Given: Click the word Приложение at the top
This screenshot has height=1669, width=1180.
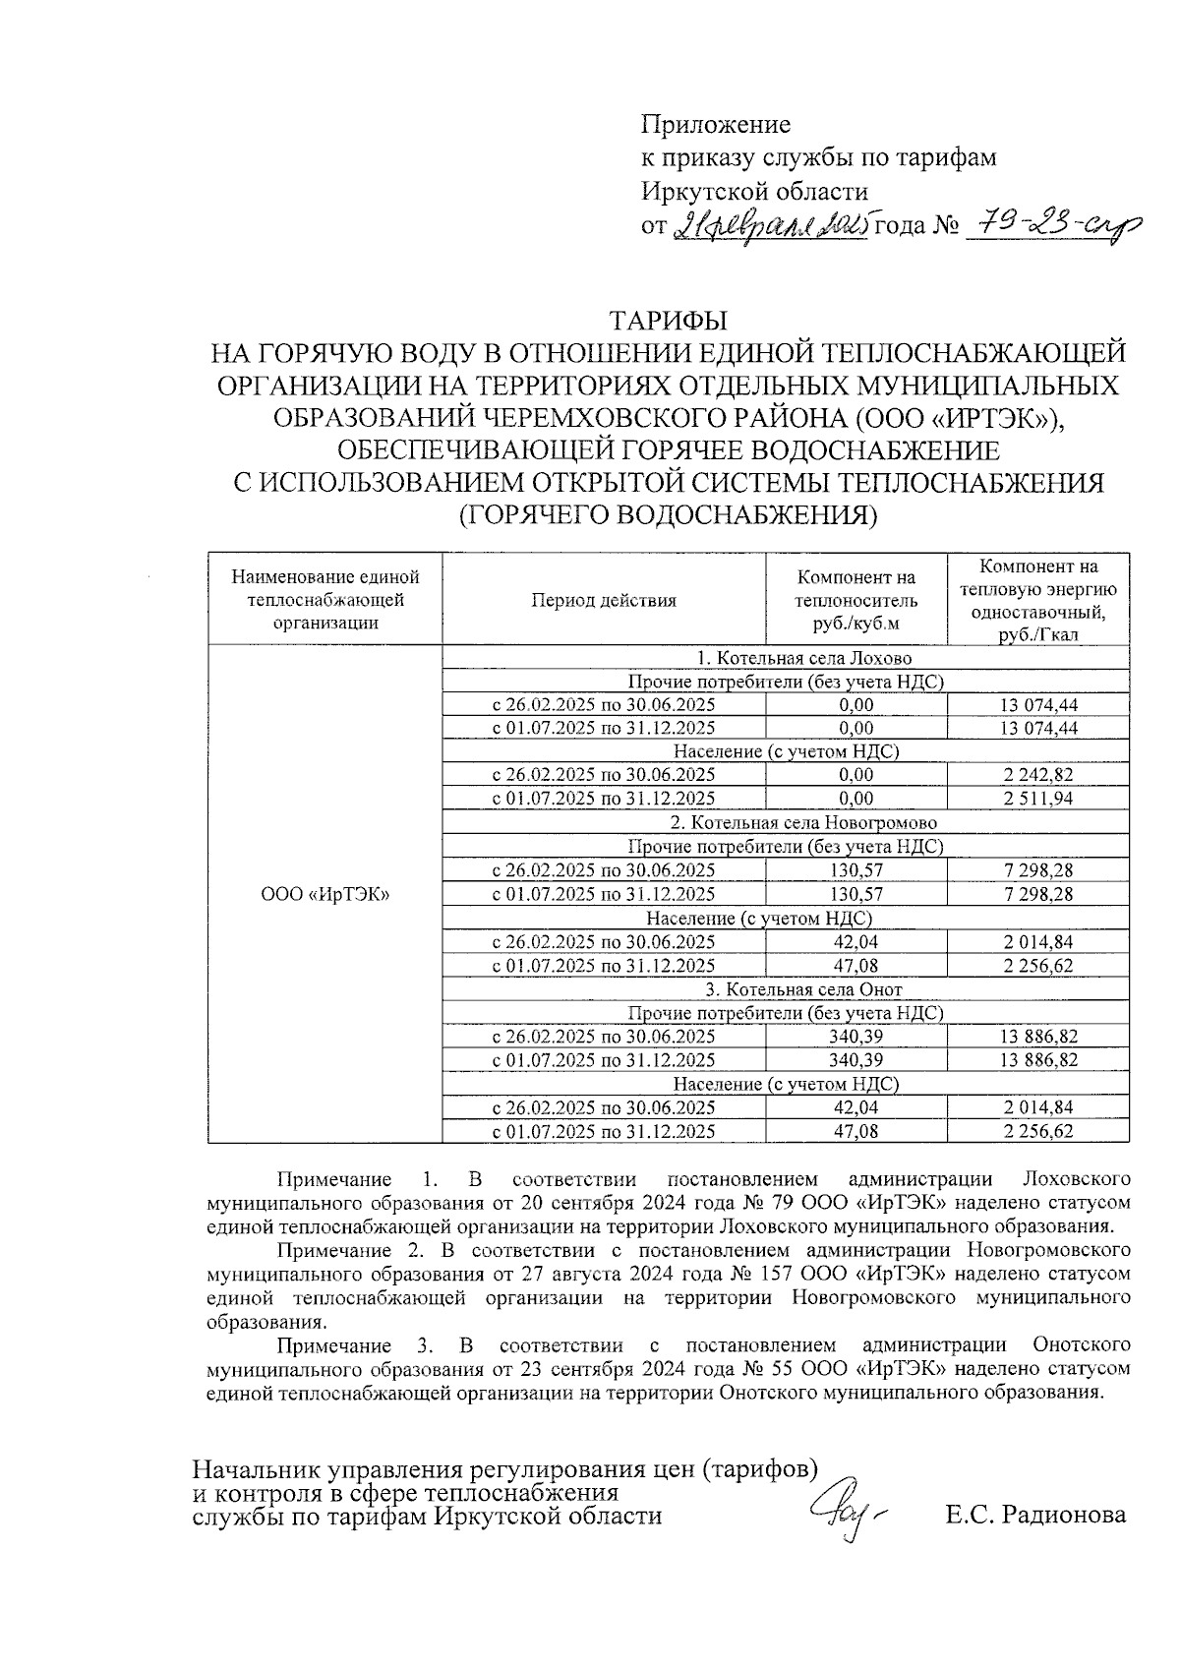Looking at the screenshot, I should (x=716, y=125).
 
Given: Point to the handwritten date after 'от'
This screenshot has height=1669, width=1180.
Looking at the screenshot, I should (x=771, y=227).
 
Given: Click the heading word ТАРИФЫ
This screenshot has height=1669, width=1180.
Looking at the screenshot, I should (x=669, y=322).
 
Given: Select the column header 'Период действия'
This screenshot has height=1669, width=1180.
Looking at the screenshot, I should (x=604, y=600).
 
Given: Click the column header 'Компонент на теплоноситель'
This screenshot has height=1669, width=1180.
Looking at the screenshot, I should (x=856, y=600).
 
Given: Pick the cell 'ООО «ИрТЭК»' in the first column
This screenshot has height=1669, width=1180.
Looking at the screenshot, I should (x=325, y=894).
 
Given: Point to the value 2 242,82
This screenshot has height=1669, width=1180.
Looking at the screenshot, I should (x=1038, y=775).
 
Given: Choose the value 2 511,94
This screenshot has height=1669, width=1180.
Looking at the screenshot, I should (x=1038, y=799).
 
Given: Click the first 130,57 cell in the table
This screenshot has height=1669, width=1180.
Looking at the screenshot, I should (x=856, y=870).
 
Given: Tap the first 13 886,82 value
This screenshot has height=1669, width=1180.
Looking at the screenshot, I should (x=1038, y=1037).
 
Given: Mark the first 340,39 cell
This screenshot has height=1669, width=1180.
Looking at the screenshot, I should (x=856, y=1037).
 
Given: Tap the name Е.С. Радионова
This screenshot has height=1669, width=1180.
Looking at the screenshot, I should (x=1035, y=1516).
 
